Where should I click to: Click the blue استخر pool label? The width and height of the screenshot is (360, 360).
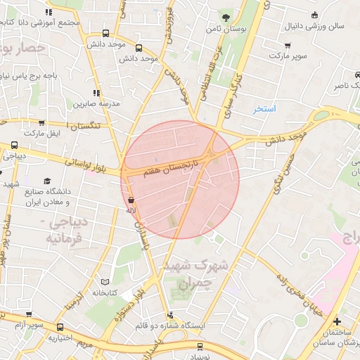pos(266,109)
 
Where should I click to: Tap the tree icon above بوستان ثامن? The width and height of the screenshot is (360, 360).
pos(225,18)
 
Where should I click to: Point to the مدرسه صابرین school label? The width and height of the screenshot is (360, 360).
pos(96,103)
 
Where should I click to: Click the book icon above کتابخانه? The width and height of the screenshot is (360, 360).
pos(105,281)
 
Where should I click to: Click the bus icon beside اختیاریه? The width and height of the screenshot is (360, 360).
pos(60,327)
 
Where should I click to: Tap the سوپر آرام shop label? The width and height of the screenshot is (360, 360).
pos(30,326)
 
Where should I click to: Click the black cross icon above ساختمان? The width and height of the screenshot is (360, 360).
pos(337,321)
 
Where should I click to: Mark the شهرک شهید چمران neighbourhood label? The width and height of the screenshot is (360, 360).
pos(195,275)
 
